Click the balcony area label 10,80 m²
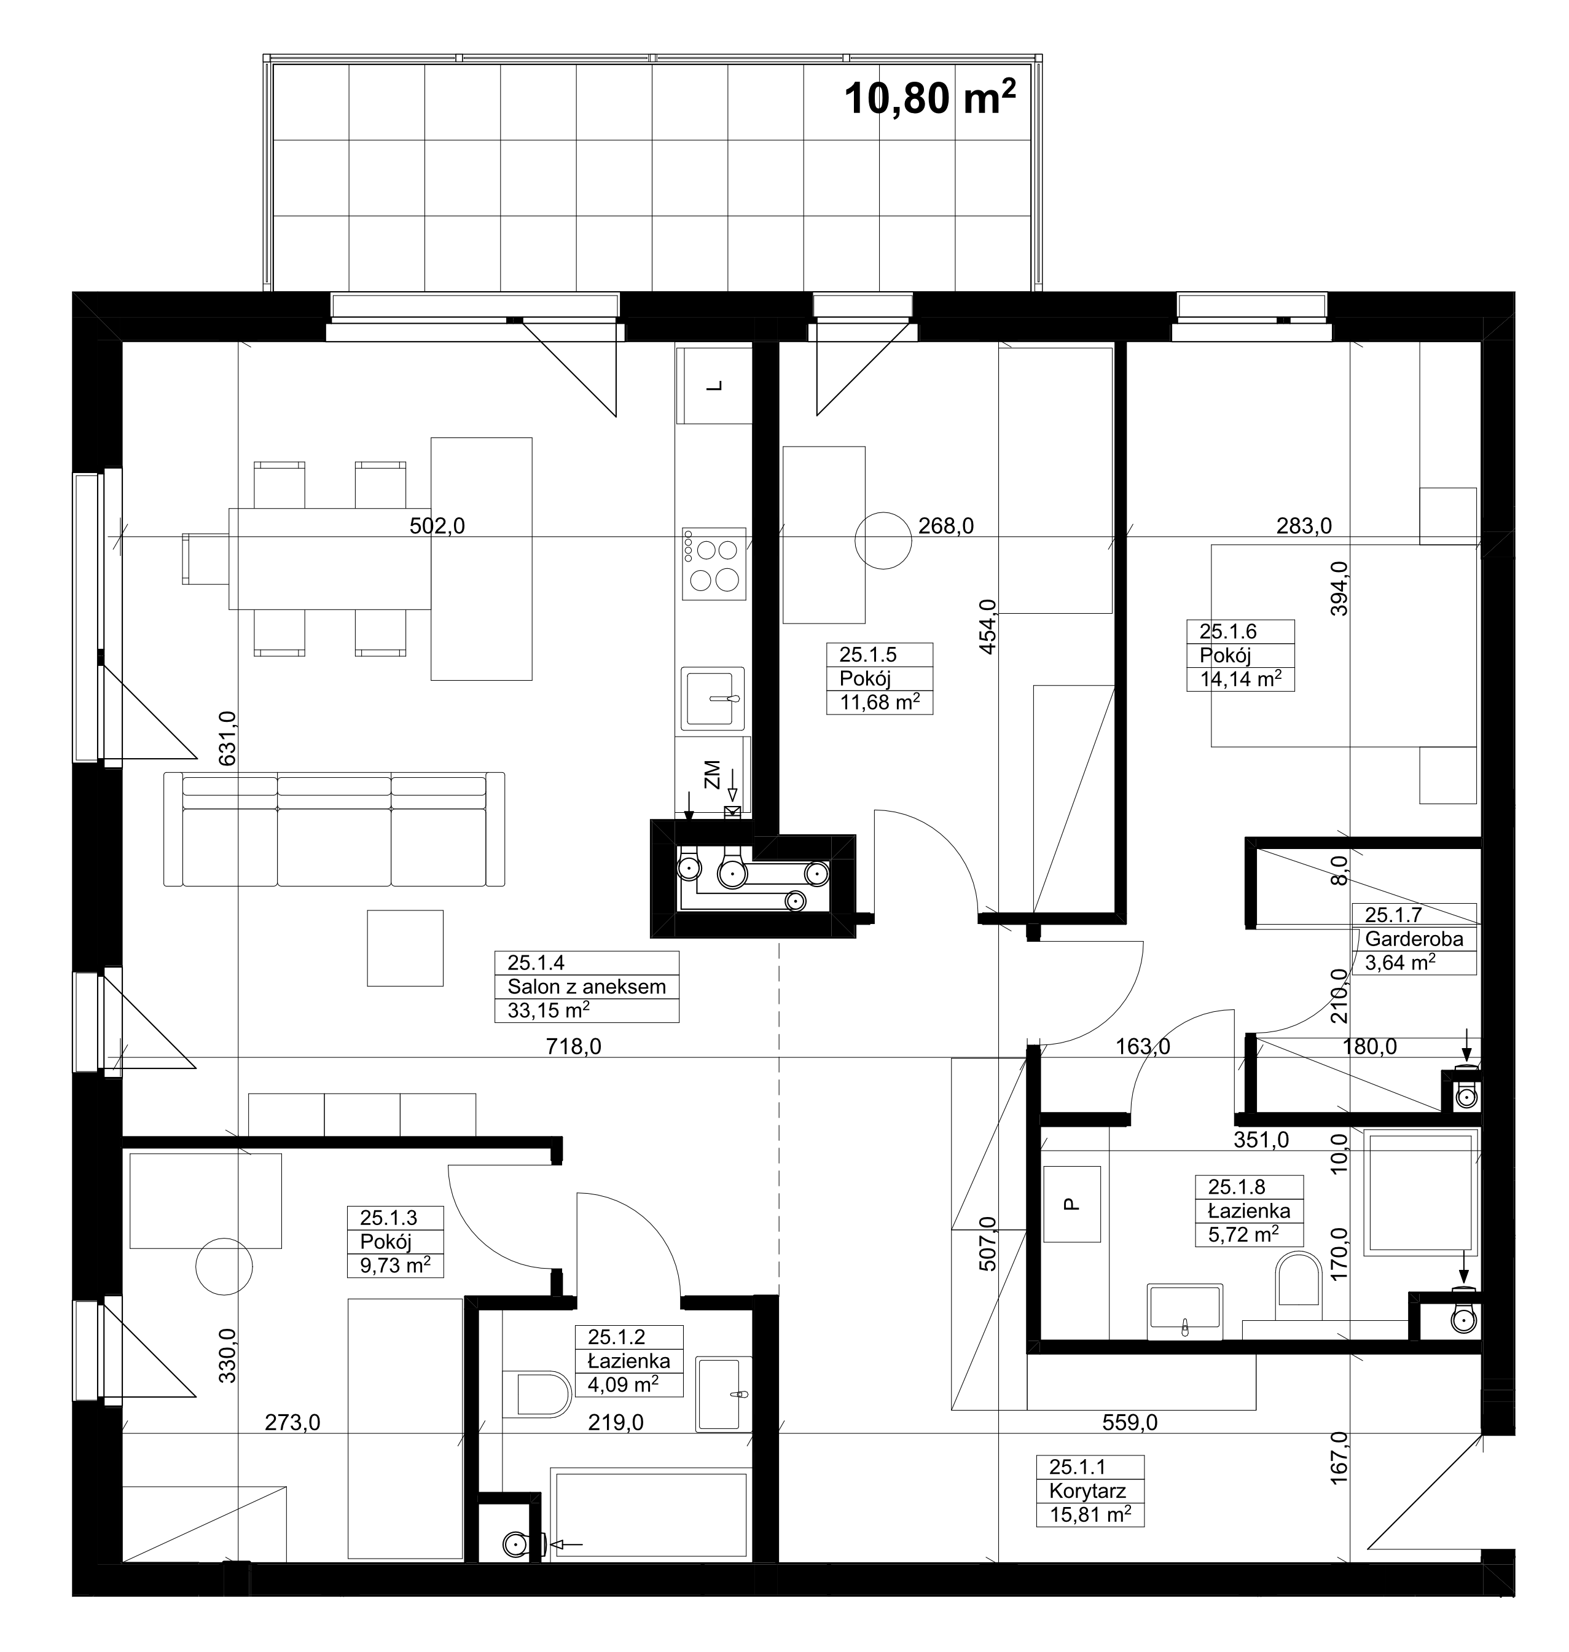click(x=930, y=97)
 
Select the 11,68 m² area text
click(x=880, y=702)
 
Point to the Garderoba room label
click(x=1414, y=939)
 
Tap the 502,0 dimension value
click(x=437, y=525)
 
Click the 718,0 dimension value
click(x=574, y=1046)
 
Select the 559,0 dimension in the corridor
click(x=1130, y=1422)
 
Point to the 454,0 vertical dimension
click(x=988, y=627)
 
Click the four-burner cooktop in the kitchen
click(x=713, y=564)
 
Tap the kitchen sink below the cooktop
click(x=713, y=699)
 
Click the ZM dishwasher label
click(x=712, y=775)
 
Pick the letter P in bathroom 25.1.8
click(x=1071, y=1205)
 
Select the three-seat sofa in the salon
click(x=334, y=829)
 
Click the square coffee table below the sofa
click(x=405, y=948)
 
